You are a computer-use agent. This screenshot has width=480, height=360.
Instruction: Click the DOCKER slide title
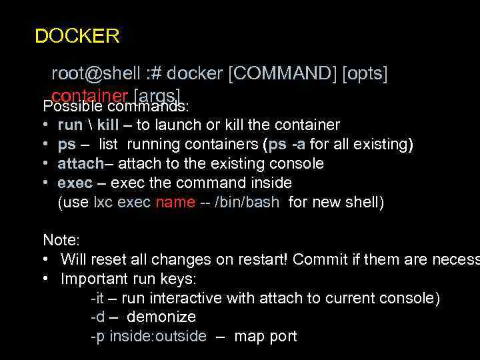click(77, 36)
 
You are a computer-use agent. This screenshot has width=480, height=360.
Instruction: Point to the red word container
click(91, 94)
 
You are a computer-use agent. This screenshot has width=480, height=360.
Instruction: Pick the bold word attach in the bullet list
click(78, 164)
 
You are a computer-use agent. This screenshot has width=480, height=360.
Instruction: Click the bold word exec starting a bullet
click(73, 183)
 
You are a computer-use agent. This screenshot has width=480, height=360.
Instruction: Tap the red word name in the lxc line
click(175, 203)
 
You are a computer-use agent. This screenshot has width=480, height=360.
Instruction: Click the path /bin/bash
click(247, 203)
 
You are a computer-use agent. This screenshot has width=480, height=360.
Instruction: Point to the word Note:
click(61, 240)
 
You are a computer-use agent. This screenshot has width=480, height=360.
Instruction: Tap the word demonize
click(161, 317)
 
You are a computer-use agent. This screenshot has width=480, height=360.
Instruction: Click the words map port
click(265, 337)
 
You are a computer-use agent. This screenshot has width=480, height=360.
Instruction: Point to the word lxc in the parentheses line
click(103, 203)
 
